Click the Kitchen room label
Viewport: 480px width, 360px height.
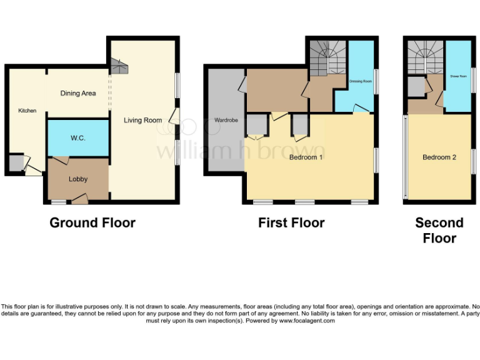click(27, 111)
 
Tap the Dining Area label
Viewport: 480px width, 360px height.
click(78, 93)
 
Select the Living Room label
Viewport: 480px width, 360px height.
click(142, 121)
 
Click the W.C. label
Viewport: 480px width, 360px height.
click(78, 137)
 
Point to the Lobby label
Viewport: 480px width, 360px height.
click(78, 179)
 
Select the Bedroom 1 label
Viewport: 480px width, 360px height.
click(306, 157)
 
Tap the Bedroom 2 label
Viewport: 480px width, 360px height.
click(439, 157)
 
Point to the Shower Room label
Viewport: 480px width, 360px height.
click(458, 75)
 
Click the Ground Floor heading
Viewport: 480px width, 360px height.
click(92, 223)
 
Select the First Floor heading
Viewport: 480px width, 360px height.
click(291, 223)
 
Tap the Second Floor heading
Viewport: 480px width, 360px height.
click(439, 230)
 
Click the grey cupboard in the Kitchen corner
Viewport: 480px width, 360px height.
click(15, 164)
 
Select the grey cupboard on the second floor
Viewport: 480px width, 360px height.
click(416, 87)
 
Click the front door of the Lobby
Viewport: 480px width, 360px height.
click(79, 199)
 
